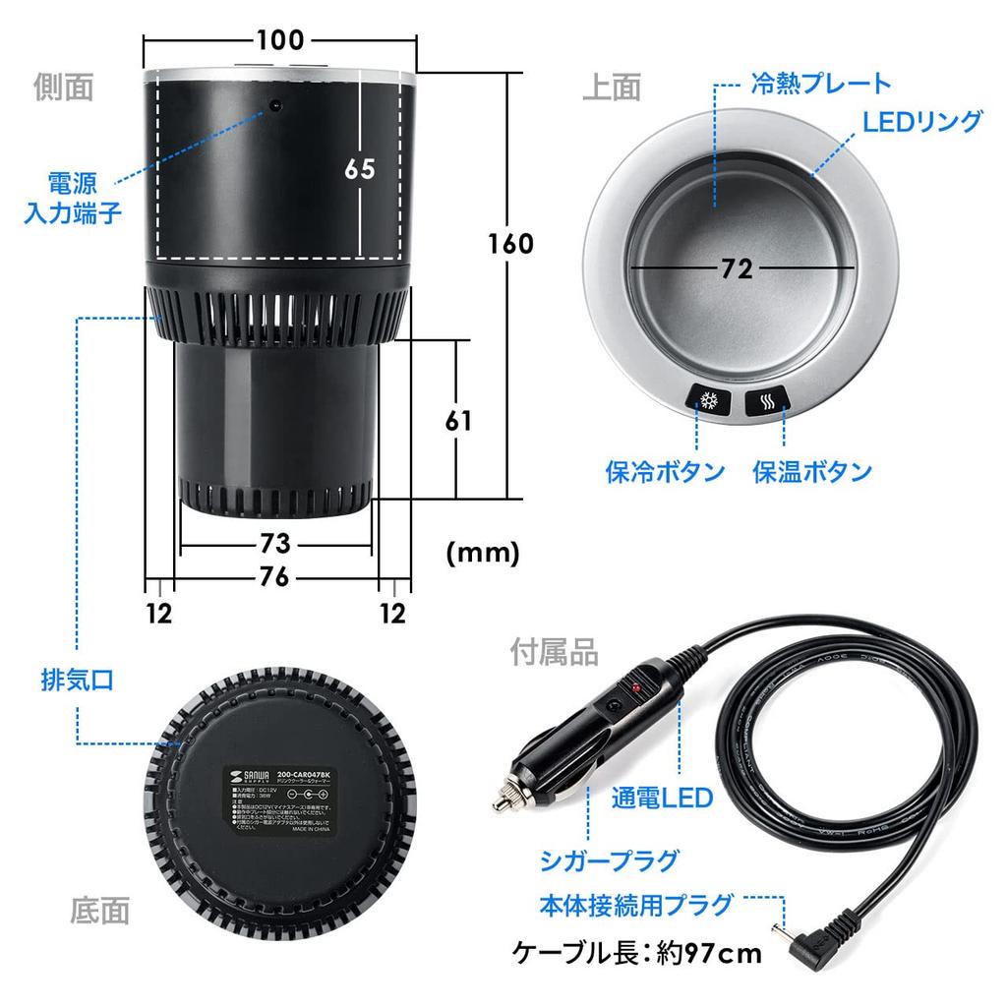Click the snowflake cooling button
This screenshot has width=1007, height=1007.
tap(708, 401)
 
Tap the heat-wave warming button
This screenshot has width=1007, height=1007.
tap(771, 401)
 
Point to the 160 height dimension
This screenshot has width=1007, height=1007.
tap(511, 243)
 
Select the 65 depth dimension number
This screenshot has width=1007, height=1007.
tap(360, 168)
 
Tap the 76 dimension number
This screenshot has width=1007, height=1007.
tap(275, 578)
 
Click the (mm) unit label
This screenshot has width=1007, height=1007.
tap(482, 554)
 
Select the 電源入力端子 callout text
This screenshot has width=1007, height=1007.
tap(72, 197)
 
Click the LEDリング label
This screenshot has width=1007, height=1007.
tap(921, 122)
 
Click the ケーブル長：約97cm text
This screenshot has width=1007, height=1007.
tap(637, 953)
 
